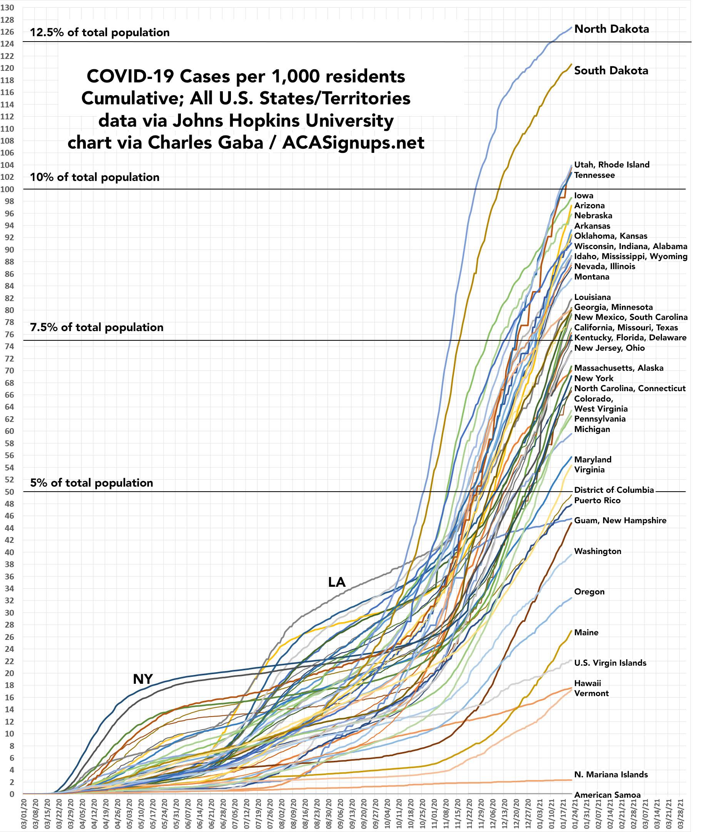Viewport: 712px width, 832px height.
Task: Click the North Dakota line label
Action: [x=612, y=29]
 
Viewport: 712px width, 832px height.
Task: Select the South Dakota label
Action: [x=611, y=71]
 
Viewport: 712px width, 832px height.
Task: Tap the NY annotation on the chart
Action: [x=143, y=679]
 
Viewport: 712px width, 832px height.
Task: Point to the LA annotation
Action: [x=337, y=582]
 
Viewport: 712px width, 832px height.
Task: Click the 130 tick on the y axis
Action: [x=9, y=8]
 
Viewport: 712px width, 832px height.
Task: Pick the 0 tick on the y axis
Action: [x=12, y=794]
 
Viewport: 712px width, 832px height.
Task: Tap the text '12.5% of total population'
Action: [x=100, y=32]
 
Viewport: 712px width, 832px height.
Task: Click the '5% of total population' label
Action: [x=92, y=483]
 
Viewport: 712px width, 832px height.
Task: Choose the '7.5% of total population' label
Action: [x=97, y=327]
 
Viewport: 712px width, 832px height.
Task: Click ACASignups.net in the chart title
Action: [x=353, y=142]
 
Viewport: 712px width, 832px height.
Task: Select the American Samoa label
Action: [x=607, y=795]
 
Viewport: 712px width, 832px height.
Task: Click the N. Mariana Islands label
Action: [x=611, y=774]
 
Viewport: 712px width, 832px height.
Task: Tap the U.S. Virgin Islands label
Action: [x=610, y=663]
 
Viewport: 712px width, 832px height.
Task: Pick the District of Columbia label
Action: [x=614, y=490]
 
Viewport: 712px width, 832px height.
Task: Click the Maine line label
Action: [x=587, y=633]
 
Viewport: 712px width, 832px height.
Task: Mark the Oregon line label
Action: [x=589, y=591]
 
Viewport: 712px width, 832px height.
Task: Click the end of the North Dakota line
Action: [x=572, y=27]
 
